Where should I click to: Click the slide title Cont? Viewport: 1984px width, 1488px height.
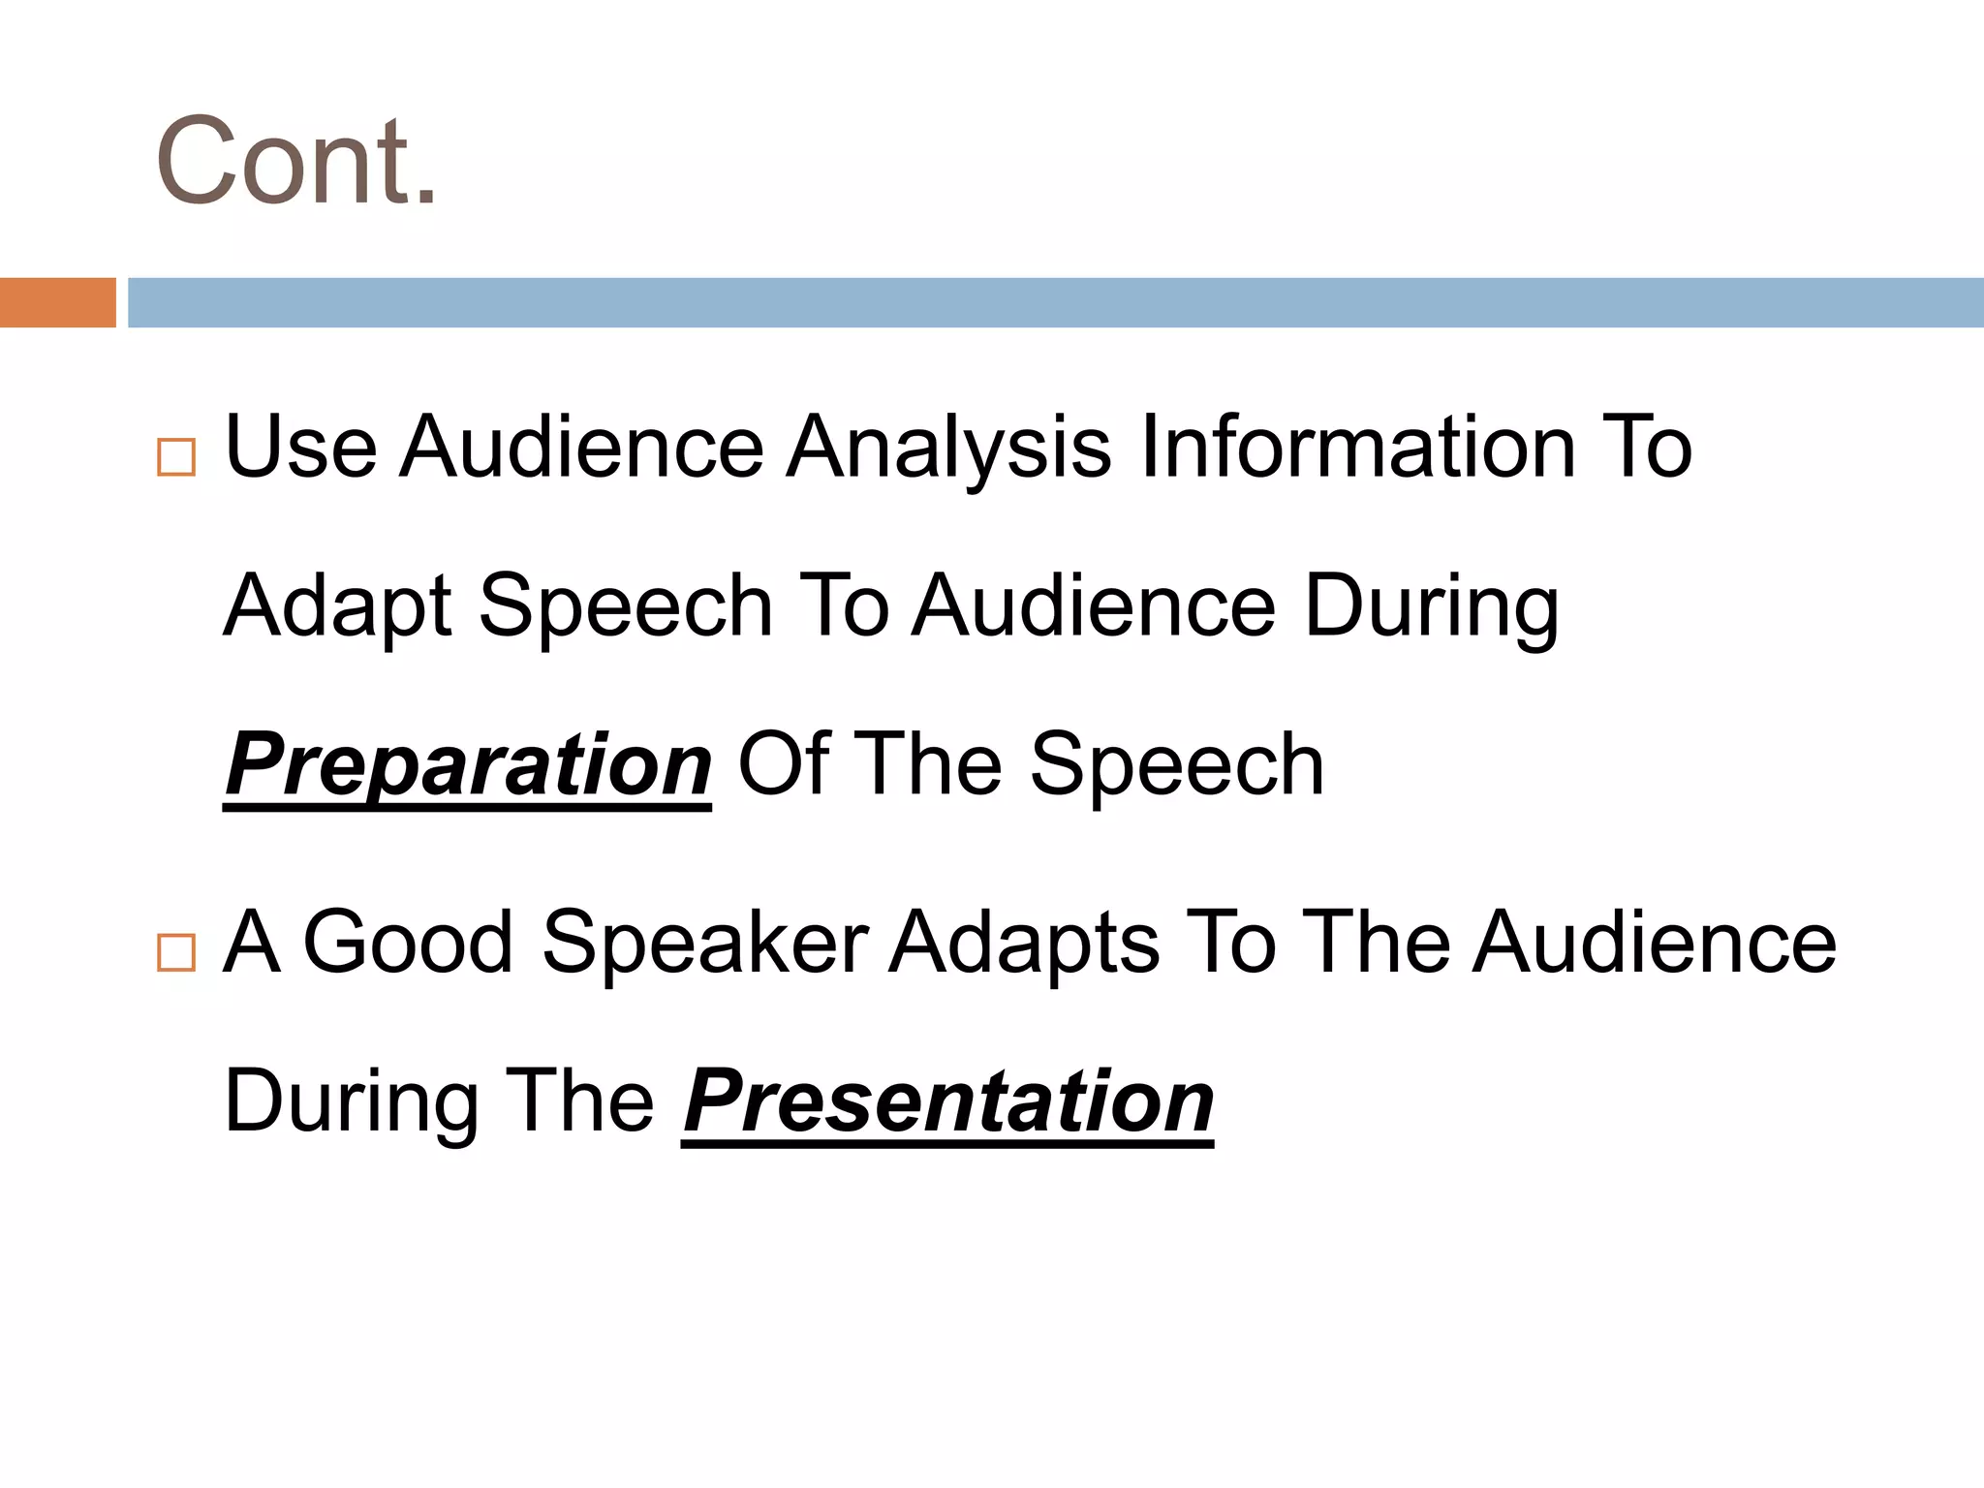[295, 162]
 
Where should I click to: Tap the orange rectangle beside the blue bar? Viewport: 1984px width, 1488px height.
[57, 302]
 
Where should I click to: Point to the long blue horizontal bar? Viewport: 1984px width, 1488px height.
[1055, 302]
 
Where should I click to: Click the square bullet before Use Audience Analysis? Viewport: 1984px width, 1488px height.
[175, 456]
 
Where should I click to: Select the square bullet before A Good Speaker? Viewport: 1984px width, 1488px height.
[175, 952]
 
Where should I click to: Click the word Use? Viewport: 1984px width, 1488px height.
[300, 447]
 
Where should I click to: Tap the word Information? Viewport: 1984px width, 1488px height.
[1358, 447]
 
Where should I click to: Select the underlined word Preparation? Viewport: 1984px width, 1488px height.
[468, 765]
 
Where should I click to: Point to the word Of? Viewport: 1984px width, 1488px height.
[784, 764]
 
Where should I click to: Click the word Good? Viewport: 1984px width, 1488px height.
[408, 942]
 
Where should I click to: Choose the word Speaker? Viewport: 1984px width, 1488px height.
[705, 944]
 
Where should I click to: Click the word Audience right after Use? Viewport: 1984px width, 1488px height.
[582, 447]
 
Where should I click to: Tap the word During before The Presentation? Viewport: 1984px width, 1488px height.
[352, 1103]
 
